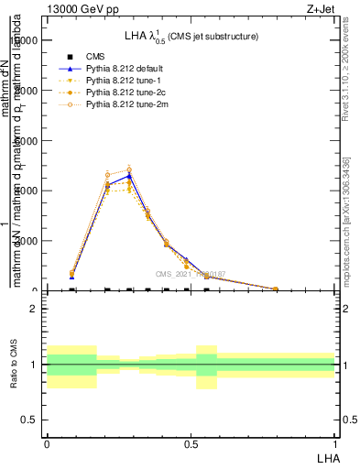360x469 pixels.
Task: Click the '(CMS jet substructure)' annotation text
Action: (x=215, y=36)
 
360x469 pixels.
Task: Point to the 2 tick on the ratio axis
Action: (x=33, y=309)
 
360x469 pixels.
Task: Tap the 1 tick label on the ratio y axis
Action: (x=33, y=365)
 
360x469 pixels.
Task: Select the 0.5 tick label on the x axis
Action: (x=191, y=442)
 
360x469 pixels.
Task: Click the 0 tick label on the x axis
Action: (x=47, y=442)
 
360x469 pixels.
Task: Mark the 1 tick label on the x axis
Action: (x=334, y=442)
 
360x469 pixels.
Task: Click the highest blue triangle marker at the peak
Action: (x=129, y=175)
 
